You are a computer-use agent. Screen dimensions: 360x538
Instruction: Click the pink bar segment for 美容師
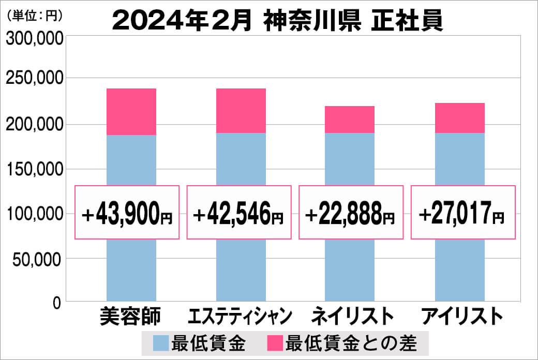click(x=131, y=112)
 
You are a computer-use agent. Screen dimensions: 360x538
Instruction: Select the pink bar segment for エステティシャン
click(x=241, y=111)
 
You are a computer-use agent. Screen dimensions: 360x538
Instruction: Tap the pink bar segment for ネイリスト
click(x=350, y=119)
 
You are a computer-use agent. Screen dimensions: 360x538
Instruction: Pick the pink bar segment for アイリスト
click(x=459, y=118)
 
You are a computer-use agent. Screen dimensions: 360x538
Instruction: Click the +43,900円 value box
click(x=127, y=213)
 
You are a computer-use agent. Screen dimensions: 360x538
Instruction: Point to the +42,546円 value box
click(x=238, y=213)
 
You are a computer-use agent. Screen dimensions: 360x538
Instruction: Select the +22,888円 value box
click(x=351, y=213)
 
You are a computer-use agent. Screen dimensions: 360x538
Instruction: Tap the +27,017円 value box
click(x=463, y=213)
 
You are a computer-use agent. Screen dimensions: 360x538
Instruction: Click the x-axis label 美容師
click(x=131, y=316)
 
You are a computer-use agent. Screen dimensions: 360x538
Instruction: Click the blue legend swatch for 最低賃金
click(x=161, y=343)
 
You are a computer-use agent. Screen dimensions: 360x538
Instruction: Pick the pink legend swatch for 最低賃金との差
click(x=274, y=343)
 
